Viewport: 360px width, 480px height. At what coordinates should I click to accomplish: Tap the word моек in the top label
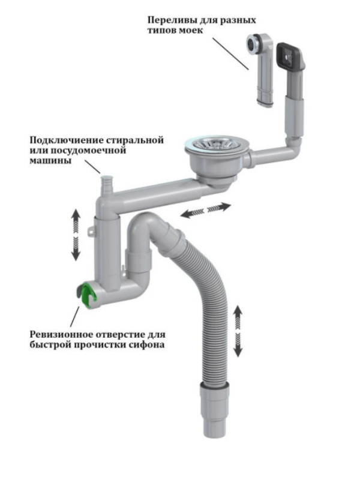tap(190, 31)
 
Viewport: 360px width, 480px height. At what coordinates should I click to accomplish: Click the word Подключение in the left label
tap(66, 140)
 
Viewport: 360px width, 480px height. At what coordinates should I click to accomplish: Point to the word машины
tap(50, 160)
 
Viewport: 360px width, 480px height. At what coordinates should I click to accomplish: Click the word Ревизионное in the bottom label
tap(61, 334)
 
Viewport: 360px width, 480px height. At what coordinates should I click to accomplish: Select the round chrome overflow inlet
tap(254, 44)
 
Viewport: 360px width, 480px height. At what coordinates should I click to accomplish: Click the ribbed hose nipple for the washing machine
tap(106, 187)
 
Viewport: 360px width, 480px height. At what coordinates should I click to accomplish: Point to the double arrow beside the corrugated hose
tap(238, 331)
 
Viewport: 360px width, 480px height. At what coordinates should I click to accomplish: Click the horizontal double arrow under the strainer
tap(205, 211)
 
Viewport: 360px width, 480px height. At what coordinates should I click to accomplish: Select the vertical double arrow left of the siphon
tap(76, 235)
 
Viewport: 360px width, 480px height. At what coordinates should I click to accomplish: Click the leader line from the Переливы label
tap(230, 53)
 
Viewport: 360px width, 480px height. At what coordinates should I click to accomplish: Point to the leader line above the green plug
tap(74, 316)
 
